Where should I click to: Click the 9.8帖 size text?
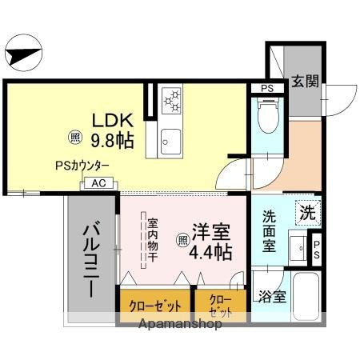pos(111,140)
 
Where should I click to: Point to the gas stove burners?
pos(172,101)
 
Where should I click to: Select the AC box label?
pos(99,182)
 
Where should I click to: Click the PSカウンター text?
pos(82,166)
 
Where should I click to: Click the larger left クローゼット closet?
pos(155,306)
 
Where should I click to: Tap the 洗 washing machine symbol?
pos(307,213)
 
